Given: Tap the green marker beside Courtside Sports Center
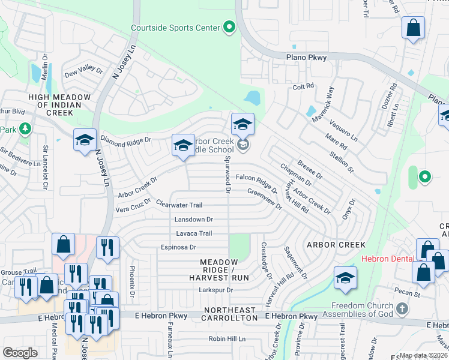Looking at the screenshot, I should click(229, 27).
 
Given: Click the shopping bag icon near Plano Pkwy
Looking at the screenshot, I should click(413, 28).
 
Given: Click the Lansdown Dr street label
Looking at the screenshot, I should click(194, 220).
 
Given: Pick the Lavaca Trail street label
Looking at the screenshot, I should click(194, 233).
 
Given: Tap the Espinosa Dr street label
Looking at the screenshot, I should click(179, 247).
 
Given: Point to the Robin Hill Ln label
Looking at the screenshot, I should click(228, 339).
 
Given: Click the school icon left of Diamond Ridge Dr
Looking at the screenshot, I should click(85, 140).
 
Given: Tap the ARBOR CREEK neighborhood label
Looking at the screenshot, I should click(336, 245).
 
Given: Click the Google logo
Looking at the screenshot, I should click(20, 353).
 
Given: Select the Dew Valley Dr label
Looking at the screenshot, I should click(84, 70).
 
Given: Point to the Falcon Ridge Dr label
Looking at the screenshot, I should click(256, 179).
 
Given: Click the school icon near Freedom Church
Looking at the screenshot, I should click(346, 278).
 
